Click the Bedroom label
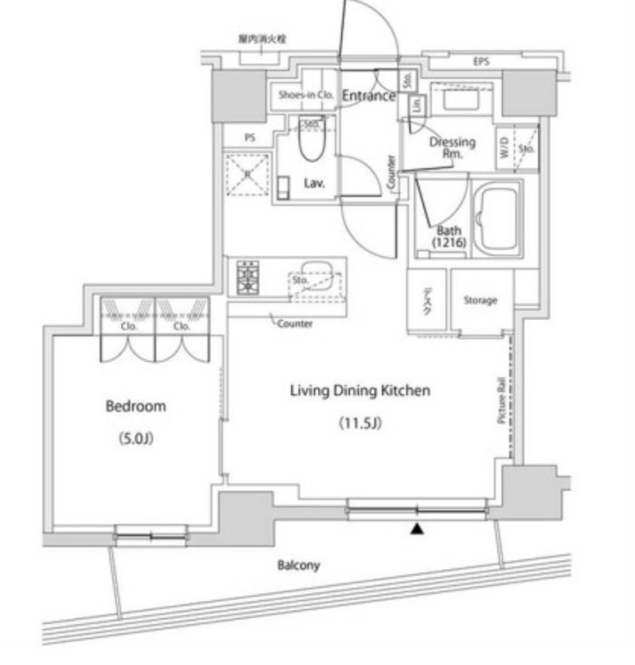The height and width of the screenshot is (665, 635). (x=135, y=407)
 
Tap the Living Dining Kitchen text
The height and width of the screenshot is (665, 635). (x=359, y=391)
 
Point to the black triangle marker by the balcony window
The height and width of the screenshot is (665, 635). (x=417, y=530)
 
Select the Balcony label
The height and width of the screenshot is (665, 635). (x=298, y=566)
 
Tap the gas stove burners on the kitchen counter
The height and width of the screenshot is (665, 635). (x=247, y=278)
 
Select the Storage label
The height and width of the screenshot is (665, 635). (x=480, y=300)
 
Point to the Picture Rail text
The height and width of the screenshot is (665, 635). (x=502, y=403)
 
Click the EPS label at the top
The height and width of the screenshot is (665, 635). (x=481, y=62)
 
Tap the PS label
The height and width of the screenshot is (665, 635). (x=250, y=138)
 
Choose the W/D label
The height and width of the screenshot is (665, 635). (x=505, y=148)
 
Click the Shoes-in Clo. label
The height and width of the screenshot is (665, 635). (x=305, y=95)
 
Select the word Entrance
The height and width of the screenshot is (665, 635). (x=369, y=96)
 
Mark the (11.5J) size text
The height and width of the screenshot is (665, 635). (x=359, y=424)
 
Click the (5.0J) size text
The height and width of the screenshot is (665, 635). (x=135, y=439)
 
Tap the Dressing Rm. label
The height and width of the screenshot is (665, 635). (x=452, y=147)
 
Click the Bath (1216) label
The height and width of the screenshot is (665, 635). (x=448, y=236)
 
